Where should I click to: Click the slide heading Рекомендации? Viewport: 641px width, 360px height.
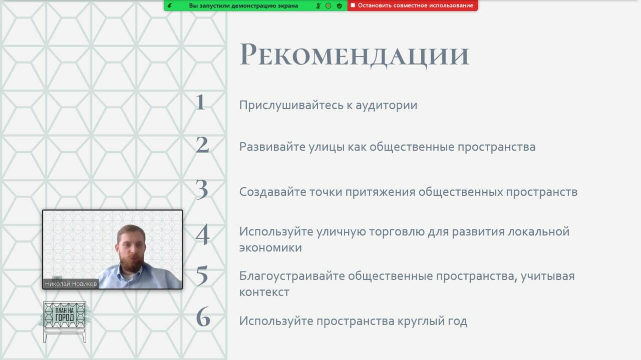[x=354, y=55]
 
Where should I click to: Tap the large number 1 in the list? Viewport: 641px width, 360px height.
[x=200, y=102]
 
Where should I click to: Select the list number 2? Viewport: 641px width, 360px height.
[x=202, y=145]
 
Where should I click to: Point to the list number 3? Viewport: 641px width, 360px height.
[x=202, y=189]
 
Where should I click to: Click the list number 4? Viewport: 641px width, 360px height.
[x=203, y=234]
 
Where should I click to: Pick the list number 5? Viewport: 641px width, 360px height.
[x=202, y=275]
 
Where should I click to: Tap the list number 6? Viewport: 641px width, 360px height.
[x=203, y=316]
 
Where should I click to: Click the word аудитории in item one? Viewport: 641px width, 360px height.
[x=386, y=106]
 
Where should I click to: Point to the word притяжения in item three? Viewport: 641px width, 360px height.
[x=380, y=192]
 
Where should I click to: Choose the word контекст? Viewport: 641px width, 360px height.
[x=264, y=292]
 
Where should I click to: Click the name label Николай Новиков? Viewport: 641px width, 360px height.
[x=71, y=284]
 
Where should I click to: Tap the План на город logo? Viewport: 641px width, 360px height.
[x=65, y=321]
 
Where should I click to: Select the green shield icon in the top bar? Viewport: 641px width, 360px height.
[x=340, y=6]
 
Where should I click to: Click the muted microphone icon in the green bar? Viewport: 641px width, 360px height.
[x=318, y=6]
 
